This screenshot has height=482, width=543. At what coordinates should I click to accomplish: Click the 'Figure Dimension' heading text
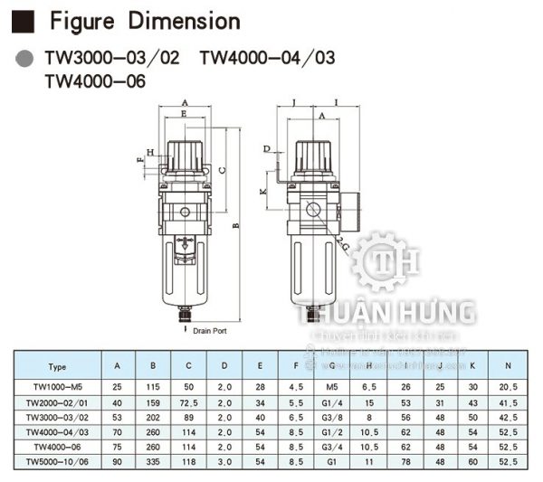point(145,21)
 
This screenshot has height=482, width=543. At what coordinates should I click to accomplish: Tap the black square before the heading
point(28,21)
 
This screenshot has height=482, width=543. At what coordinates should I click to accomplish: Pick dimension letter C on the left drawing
point(222,168)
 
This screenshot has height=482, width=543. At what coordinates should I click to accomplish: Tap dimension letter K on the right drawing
point(262,193)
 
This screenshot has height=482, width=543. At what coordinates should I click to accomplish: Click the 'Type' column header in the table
point(57,367)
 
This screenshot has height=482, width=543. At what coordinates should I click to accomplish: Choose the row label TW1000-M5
point(57,385)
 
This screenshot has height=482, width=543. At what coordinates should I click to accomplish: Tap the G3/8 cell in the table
point(332,418)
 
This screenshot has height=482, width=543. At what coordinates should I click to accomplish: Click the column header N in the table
point(508,367)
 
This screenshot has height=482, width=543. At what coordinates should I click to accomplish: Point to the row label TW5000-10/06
point(57,462)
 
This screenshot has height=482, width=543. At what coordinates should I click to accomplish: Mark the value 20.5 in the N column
point(508,385)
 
